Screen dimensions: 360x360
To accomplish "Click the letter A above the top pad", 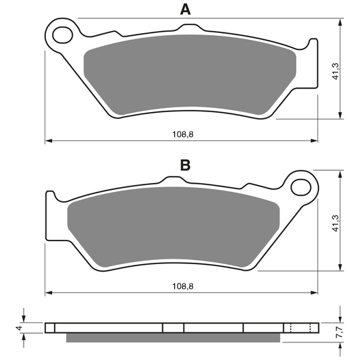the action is pos(185,9).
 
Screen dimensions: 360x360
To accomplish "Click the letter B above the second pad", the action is pos(185,165).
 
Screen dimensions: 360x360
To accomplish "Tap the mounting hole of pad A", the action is pos(62,35).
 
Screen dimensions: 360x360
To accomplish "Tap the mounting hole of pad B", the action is pos(301,187).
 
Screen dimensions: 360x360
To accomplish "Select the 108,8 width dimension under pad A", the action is pos(183,134).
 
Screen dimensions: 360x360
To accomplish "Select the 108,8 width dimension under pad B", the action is pos(183,286).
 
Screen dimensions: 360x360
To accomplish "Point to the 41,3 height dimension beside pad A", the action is pos(336,71).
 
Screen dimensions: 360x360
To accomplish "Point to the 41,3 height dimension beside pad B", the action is pos(336,223).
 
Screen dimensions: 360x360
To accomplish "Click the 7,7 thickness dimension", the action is pos(340,332).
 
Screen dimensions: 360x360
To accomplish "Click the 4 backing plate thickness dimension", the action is pos(20,328).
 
